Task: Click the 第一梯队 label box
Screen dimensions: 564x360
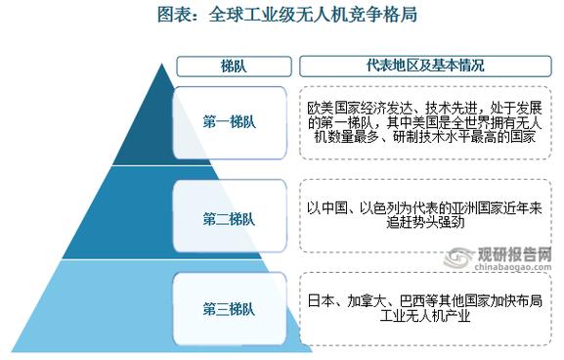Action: (231, 123)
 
